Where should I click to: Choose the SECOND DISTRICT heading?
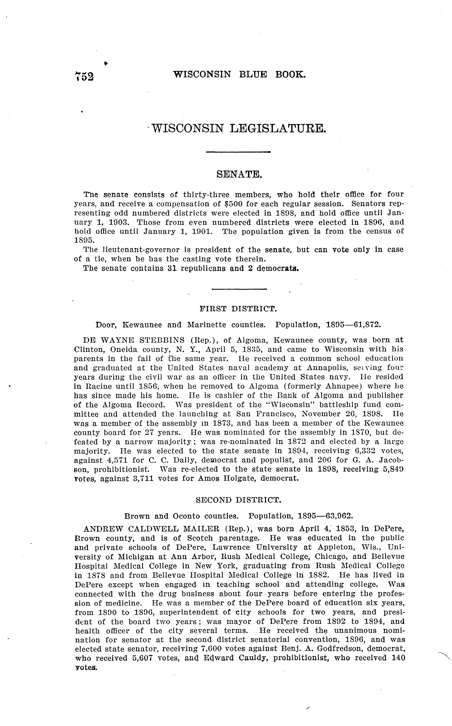pyautogui.click(x=238, y=500)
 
